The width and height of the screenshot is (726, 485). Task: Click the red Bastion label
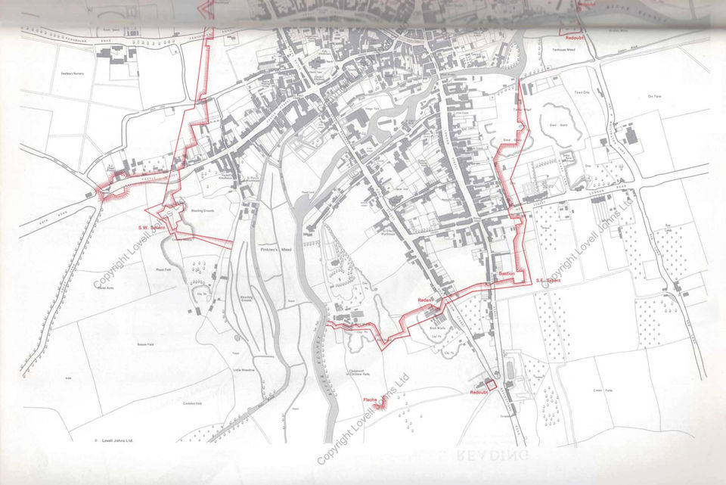tap(506, 274)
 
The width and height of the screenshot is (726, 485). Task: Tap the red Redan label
tap(424, 300)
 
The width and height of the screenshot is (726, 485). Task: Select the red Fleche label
tap(370, 400)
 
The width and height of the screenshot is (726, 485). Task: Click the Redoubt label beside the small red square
tap(478, 393)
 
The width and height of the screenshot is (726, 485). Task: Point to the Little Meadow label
tap(244, 368)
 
